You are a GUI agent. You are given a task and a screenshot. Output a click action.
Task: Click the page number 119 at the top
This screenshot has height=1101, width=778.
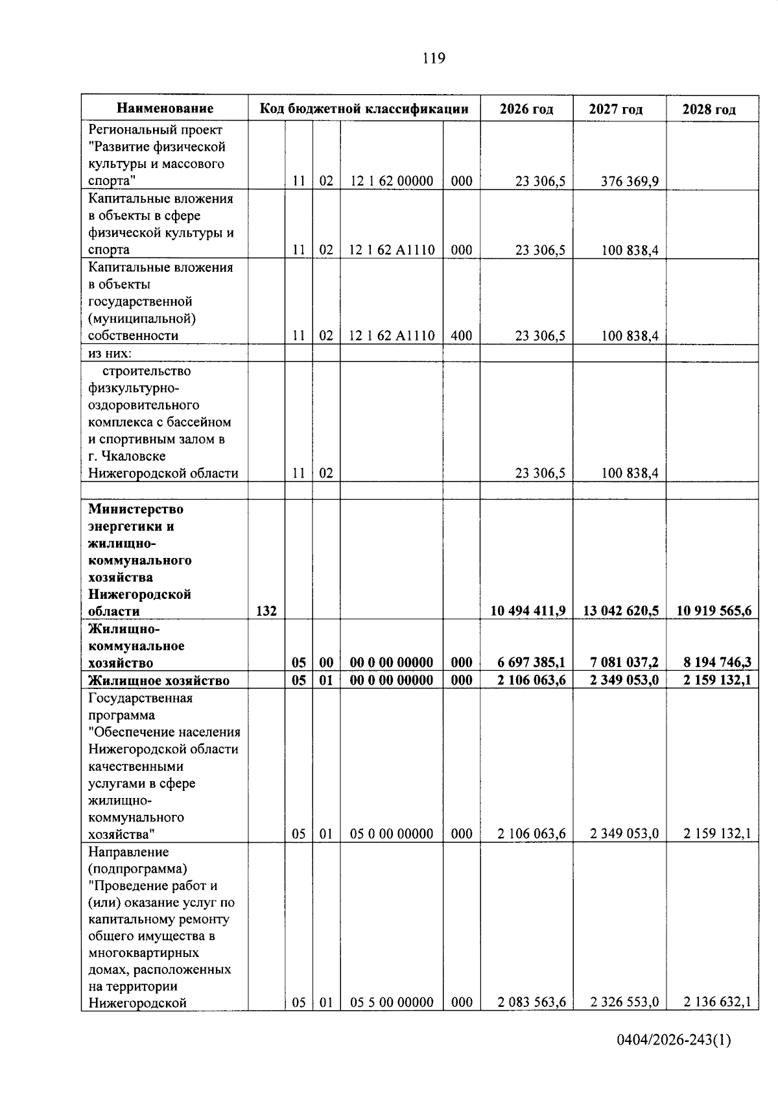pos(434,58)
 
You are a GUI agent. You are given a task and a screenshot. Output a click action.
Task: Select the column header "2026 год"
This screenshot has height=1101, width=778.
pos(526,109)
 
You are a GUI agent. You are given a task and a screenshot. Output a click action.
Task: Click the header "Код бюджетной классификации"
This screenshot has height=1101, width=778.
pos(364,108)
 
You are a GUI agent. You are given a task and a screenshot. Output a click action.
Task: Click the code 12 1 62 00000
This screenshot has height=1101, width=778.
pos(392,181)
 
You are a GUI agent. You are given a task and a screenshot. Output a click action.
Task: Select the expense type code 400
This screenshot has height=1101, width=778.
pos(462,335)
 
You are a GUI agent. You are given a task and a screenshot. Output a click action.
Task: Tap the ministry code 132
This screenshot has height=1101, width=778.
pos(266,611)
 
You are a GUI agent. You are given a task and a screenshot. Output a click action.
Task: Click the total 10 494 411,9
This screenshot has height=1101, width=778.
pos(528,611)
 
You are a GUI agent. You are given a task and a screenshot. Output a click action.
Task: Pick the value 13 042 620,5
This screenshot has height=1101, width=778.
pos(620,611)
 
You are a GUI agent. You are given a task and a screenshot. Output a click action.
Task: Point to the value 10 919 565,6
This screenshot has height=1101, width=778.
pos(713,611)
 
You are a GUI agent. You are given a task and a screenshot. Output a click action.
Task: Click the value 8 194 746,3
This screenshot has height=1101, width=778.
pos(717,662)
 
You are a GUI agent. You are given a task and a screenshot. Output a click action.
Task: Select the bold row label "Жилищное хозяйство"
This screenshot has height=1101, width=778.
pos(159,681)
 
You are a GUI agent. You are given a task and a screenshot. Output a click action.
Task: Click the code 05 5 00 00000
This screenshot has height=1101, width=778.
pos(392,1002)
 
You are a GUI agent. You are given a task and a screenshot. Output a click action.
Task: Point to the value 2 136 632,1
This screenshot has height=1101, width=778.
pos(717,1002)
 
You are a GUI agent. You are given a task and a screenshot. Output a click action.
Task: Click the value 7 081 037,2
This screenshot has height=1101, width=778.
pos(624,662)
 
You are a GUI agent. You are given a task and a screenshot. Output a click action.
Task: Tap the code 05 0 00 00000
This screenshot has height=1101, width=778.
pos(392,834)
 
